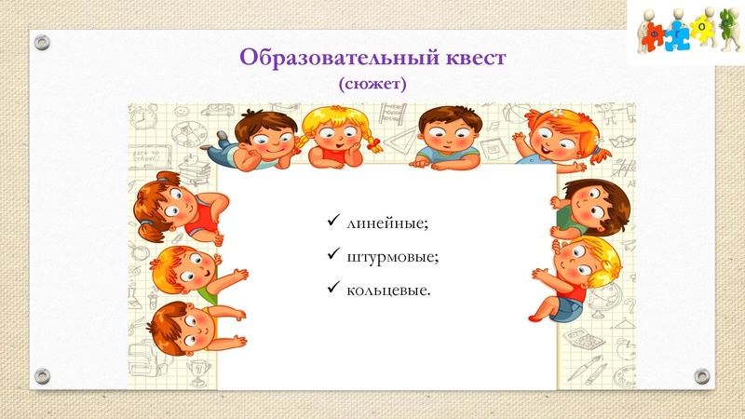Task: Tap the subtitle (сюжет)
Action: click(373, 84)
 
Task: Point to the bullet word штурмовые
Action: click(392, 257)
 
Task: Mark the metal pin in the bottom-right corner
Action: click(703, 376)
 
